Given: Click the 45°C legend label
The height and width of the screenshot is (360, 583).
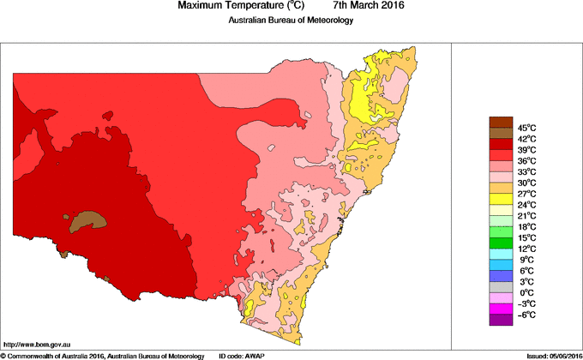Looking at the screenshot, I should pyautogui.click(x=526, y=127).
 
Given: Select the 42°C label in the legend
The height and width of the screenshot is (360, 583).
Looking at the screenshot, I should pyautogui.click(x=526, y=138).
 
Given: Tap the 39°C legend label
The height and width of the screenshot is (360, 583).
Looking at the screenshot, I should pyautogui.click(x=526, y=149).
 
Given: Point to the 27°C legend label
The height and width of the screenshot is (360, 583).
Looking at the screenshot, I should pyautogui.click(x=526, y=194).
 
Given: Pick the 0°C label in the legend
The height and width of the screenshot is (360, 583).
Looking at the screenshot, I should pyautogui.click(x=526, y=292).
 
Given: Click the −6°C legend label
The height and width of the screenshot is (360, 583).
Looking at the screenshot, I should pyautogui.click(x=526, y=315).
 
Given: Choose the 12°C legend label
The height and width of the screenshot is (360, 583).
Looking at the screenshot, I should pyautogui.click(x=526, y=249).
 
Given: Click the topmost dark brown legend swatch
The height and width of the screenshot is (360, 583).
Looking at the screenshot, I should pyautogui.click(x=501, y=122).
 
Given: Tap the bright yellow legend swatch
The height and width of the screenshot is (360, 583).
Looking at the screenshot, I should pyautogui.click(x=501, y=199).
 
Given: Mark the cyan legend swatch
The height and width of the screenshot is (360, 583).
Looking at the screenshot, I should pyautogui.click(x=501, y=254).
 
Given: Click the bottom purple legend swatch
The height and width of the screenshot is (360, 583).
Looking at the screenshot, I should pyautogui.click(x=501, y=320).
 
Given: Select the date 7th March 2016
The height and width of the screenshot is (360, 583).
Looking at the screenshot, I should pyautogui.click(x=369, y=6).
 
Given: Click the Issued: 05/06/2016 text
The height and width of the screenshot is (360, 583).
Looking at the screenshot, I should pyautogui.click(x=550, y=355).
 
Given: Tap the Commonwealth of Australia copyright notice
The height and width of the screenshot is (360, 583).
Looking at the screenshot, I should pyautogui.click(x=103, y=355).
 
